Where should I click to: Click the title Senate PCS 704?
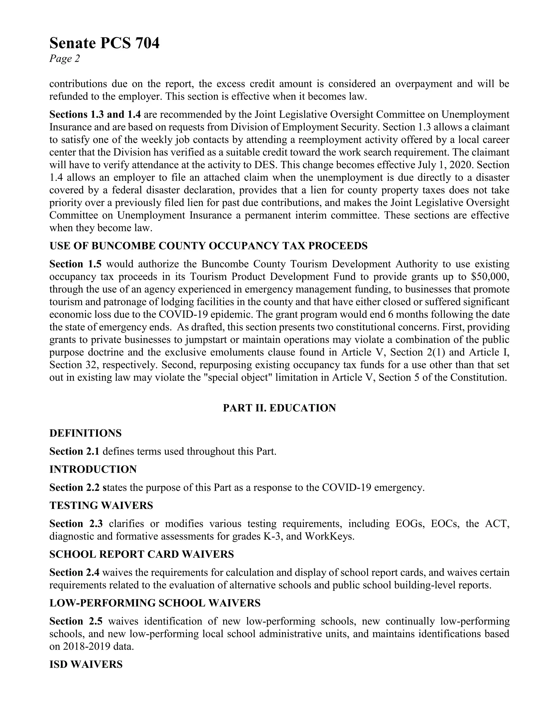pyautogui.click(x=104, y=43)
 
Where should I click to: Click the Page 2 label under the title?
pyautogui.click(x=65, y=59)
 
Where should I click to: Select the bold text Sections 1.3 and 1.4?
pyautogui.click(x=95, y=115)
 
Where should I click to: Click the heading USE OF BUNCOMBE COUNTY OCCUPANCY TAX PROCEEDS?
pyautogui.click(x=208, y=246)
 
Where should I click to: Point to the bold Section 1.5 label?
pyautogui.click(x=76, y=264)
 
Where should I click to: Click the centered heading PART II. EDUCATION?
pyautogui.click(x=279, y=408)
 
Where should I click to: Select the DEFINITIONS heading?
pyautogui.click(x=85, y=433)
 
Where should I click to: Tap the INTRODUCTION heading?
pyautogui.click(x=93, y=470)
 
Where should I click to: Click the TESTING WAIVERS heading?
pyautogui.click(x=101, y=506)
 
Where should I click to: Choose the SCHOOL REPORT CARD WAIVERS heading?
pyautogui.click(x=142, y=554)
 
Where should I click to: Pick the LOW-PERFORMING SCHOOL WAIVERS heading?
pyautogui.click(x=155, y=603)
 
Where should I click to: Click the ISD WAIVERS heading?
pyautogui.click(x=86, y=664)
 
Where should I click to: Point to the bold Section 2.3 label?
pyautogui.click(x=76, y=524)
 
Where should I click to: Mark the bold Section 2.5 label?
pyautogui.click(x=76, y=621)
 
